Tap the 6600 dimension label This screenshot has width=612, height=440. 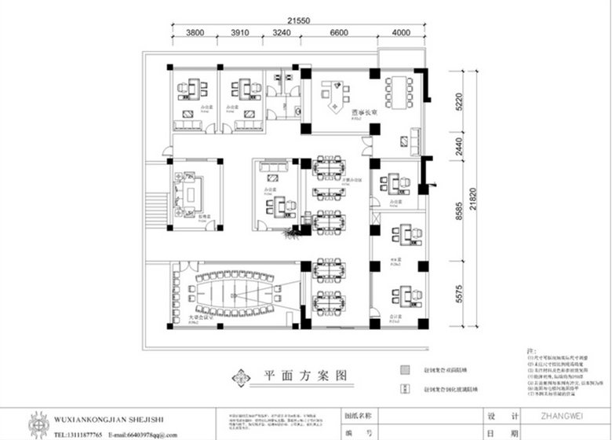coord(338,34)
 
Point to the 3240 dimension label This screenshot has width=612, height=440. coord(281,34)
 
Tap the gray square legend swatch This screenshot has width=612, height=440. coord(404,369)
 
